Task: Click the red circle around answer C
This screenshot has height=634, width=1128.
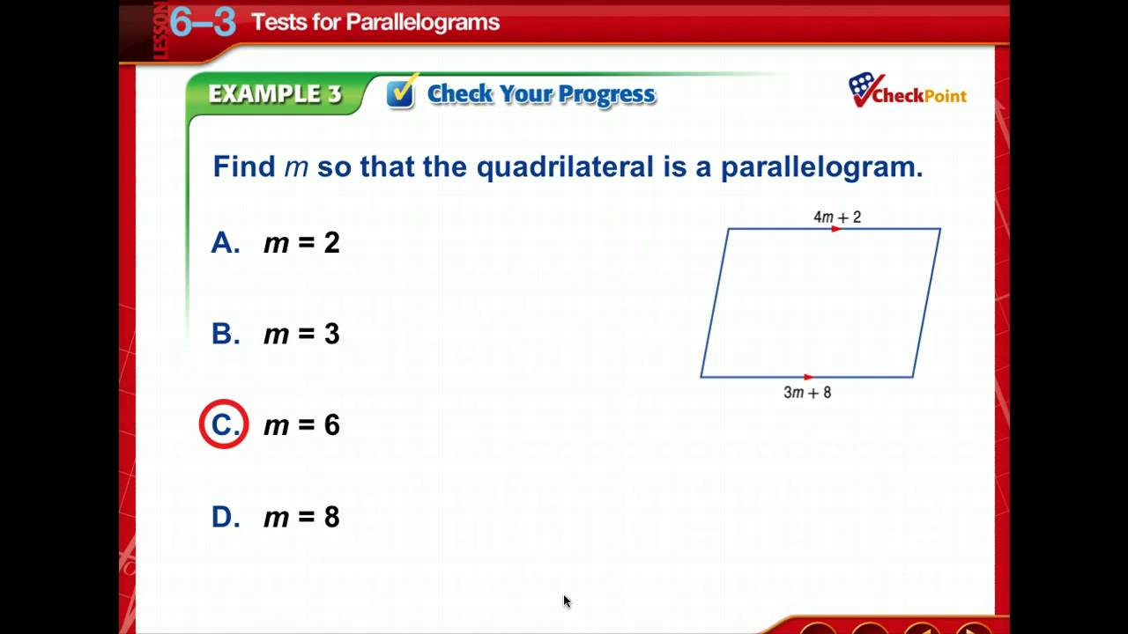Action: (x=224, y=424)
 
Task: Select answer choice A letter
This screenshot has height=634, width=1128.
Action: (x=225, y=243)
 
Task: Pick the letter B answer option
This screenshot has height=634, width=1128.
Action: (x=225, y=334)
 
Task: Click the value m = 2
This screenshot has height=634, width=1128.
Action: (x=301, y=243)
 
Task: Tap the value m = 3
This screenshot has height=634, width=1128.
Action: (x=301, y=334)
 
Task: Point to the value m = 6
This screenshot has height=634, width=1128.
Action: (x=301, y=425)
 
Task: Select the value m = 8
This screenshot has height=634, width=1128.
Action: (x=301, y=517)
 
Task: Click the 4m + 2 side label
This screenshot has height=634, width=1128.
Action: (x=836, y=217)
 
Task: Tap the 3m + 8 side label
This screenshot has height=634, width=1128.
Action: (x=807, y=393)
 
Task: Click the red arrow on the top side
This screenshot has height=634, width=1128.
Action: (x=836, y=229)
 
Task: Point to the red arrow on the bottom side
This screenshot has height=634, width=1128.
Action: (x=809, y=378)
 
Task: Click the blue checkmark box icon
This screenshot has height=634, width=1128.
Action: (x=401, y=93)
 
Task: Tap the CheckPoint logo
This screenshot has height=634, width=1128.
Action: (x=907, y=91)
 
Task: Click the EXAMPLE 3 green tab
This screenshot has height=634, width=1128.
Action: (x=274, y=94)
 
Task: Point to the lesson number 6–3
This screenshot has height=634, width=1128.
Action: (x=203, y=22)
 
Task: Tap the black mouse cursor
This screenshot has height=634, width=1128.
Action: (x=567, y=601)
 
